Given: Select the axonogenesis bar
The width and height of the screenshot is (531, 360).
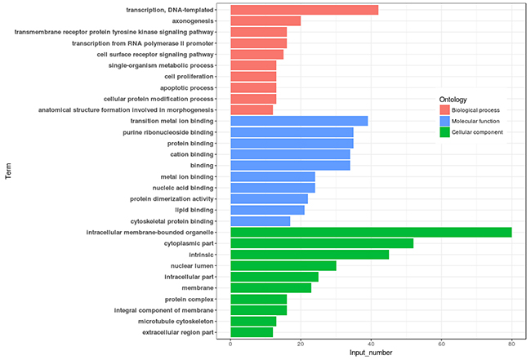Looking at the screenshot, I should click(265, 20).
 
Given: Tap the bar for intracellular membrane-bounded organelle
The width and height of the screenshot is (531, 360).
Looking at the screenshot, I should click(371, 233).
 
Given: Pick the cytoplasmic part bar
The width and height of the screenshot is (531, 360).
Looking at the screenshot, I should click(322, 243).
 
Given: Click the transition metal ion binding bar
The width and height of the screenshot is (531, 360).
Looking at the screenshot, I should click(299, 121).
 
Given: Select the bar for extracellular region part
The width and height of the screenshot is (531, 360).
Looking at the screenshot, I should click(252, 332).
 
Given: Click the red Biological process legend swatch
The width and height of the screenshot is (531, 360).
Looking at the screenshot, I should click(445, 109).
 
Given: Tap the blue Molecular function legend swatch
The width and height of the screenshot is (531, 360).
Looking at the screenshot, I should click(445, 121).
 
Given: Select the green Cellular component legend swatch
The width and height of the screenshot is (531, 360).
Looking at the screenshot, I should click(445, 132).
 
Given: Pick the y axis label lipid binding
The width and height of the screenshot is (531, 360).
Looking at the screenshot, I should click(190, 210).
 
